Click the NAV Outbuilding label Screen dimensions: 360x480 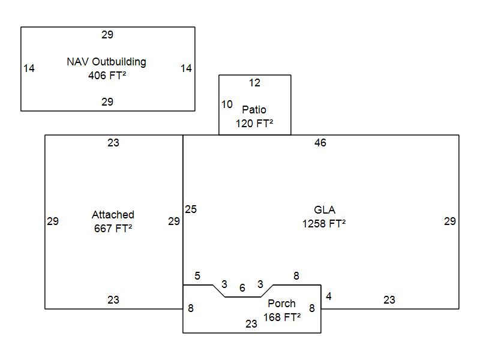[106, 62]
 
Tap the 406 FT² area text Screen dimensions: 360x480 [107, 76]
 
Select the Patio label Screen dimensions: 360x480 [254, 110]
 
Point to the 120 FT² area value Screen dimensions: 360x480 [254, 124]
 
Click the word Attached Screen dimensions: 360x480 [113, 215]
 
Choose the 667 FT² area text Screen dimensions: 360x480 [113, 229]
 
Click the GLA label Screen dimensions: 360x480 [325, 210]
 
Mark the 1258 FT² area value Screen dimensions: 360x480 [324, 224]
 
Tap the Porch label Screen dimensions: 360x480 [281, 304]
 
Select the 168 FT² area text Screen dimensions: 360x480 [282, 317]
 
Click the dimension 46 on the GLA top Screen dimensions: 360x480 [320, 143]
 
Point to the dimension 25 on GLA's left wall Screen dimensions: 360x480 [191, 209]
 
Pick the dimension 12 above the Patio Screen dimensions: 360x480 [254, 83]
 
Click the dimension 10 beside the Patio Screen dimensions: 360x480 [227, 104]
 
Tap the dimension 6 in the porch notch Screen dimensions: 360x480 [242, 288]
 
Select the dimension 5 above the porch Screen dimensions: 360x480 [197, 276]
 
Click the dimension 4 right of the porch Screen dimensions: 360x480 [329, 296]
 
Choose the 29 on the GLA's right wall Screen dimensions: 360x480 [449, 221]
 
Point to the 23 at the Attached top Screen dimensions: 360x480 [113, 143]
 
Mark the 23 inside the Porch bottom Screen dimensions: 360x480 [251, 324]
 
